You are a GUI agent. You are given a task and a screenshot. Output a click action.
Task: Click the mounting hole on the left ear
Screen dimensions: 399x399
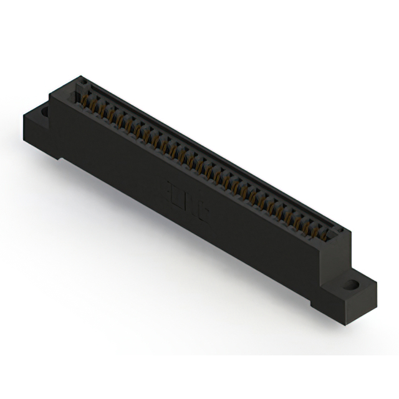pyautogui.click(x=44, y=113)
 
